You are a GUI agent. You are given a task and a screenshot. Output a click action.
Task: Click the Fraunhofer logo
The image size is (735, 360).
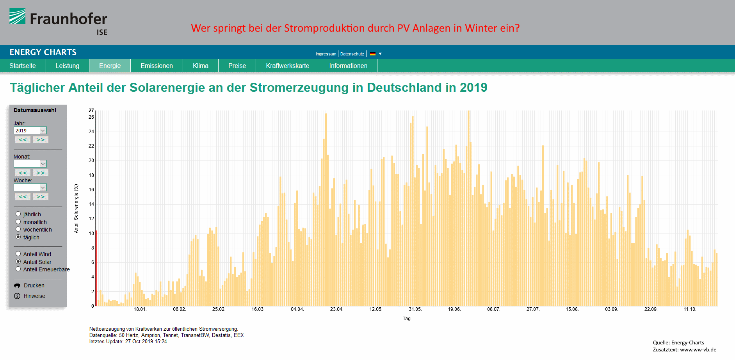click(x=58, y=22)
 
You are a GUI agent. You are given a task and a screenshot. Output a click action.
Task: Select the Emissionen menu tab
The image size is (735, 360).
click(x=157, y=66)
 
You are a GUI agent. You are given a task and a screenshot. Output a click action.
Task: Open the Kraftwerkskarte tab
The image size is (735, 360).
click(x=287, y=66)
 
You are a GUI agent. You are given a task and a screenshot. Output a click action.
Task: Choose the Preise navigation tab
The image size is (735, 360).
click(x=237, y=66)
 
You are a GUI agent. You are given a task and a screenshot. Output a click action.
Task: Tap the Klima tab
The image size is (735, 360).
click(x=200, y=66)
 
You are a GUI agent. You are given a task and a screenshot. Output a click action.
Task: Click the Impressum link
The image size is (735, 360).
click(x=326, y=54)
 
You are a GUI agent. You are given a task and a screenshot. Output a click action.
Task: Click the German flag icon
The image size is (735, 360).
click(x=373, y=54)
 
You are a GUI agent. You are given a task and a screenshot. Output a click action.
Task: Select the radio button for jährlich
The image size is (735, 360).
click(x=18, y=214)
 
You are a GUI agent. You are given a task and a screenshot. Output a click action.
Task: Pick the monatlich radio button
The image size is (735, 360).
click(x=18, y=222)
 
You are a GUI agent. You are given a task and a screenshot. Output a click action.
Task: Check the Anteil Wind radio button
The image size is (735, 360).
click(x=18, y=254)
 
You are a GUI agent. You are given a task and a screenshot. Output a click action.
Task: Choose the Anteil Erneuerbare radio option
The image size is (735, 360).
click(x=18, y=269)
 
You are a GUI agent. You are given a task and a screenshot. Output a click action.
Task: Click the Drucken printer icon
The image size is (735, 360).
click(x=17, y=285)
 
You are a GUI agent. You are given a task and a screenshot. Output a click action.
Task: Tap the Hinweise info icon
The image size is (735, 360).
click(x=17, y=296)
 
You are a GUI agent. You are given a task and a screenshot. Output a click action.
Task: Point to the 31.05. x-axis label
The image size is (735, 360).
click(x=415, y=309)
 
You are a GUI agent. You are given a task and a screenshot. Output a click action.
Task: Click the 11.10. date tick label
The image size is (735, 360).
click(x=690, y=309)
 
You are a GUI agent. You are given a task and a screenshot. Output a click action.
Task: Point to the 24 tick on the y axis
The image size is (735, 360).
click(x=91, y=132)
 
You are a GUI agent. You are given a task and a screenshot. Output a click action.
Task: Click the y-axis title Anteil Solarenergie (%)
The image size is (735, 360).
click(x=76, y=209)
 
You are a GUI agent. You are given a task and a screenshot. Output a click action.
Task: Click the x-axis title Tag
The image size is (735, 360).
click(x=406, y=319)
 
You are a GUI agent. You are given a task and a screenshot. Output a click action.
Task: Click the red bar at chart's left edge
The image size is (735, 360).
click(x=96, y=268)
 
